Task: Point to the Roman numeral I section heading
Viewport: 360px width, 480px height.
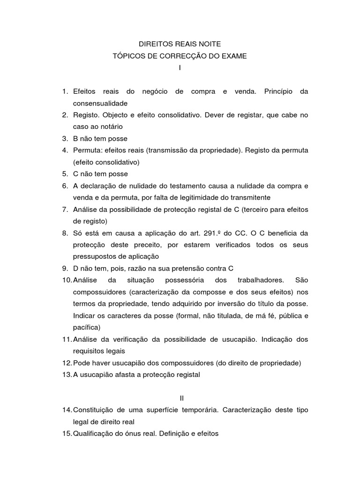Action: click(x=180, y=68)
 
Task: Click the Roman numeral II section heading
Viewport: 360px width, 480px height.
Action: click(x=182, y=398)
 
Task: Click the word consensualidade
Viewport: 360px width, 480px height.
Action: click(x=100, y=103)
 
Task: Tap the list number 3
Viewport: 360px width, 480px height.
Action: click(x=65, y=139)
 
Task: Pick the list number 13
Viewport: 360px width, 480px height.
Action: click(x=66, y=375)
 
